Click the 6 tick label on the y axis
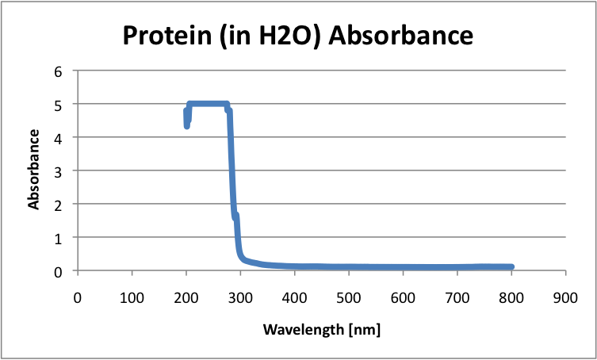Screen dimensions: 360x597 [56, 71]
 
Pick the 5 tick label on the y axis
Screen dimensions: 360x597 [56, 104]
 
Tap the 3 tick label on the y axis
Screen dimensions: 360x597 [56, 170]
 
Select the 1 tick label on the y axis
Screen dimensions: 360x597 [56, 237]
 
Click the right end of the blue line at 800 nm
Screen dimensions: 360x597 [511, 267]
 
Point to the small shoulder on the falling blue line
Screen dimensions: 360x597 [235, 216]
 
